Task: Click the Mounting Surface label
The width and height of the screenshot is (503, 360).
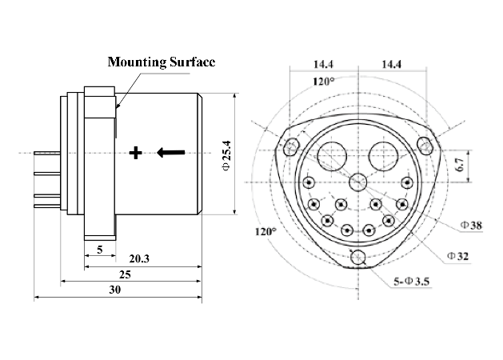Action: [161, 62]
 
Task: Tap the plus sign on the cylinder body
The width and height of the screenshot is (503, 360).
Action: [136, 152]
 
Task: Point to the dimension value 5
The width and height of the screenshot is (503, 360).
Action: [99, 250]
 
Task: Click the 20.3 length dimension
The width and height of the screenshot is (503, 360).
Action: [140, 258]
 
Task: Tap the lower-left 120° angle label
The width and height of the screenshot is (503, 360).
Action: [265, 231]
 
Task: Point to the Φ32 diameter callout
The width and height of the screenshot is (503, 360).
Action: [458, 255]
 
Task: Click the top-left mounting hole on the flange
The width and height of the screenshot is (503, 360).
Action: [292, 146]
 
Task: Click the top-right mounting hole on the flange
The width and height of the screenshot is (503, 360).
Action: [426, 145]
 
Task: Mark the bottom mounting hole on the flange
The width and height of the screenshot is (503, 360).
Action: [358, 257]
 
